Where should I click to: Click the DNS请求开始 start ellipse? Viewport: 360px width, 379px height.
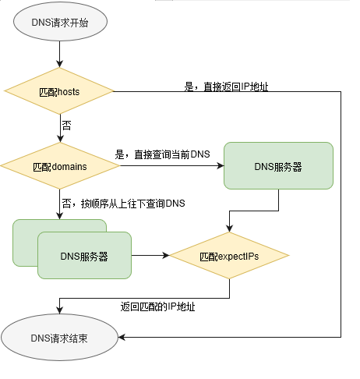point(60,22)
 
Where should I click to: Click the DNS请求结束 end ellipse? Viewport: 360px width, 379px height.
point(59,338)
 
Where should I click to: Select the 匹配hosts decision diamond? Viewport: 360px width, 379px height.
point(59,91)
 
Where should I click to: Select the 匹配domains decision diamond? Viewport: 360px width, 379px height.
point(60,166)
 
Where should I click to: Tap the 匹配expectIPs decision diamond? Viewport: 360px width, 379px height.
point(229,256)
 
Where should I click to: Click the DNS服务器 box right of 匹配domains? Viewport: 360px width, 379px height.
point(278,166)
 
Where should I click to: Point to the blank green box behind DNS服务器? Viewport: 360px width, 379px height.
point(26,243)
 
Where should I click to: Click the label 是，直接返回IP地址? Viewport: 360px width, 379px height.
point(226,87)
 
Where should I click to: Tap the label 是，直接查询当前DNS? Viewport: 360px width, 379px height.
point(162,154)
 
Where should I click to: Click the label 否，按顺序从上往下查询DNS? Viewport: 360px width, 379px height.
point(123,204)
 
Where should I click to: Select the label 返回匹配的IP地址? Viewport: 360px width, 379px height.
point(157,306)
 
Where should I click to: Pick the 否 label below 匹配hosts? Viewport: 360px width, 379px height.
point(66,126)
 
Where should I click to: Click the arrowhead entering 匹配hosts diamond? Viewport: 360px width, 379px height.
point(59,64)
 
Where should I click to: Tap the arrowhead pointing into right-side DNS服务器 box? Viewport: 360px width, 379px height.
point(221,165)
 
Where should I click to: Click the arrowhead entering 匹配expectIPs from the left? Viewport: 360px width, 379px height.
point(166,256)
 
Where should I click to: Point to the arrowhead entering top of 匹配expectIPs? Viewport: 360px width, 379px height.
point(229,228)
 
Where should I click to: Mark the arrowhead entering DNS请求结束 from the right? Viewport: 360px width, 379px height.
point(122,338)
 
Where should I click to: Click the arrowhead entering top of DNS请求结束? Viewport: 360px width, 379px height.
point(59,310)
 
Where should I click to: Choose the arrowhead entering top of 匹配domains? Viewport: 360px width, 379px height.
point(60,139)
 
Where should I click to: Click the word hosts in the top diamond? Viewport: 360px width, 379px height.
point(69,92)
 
